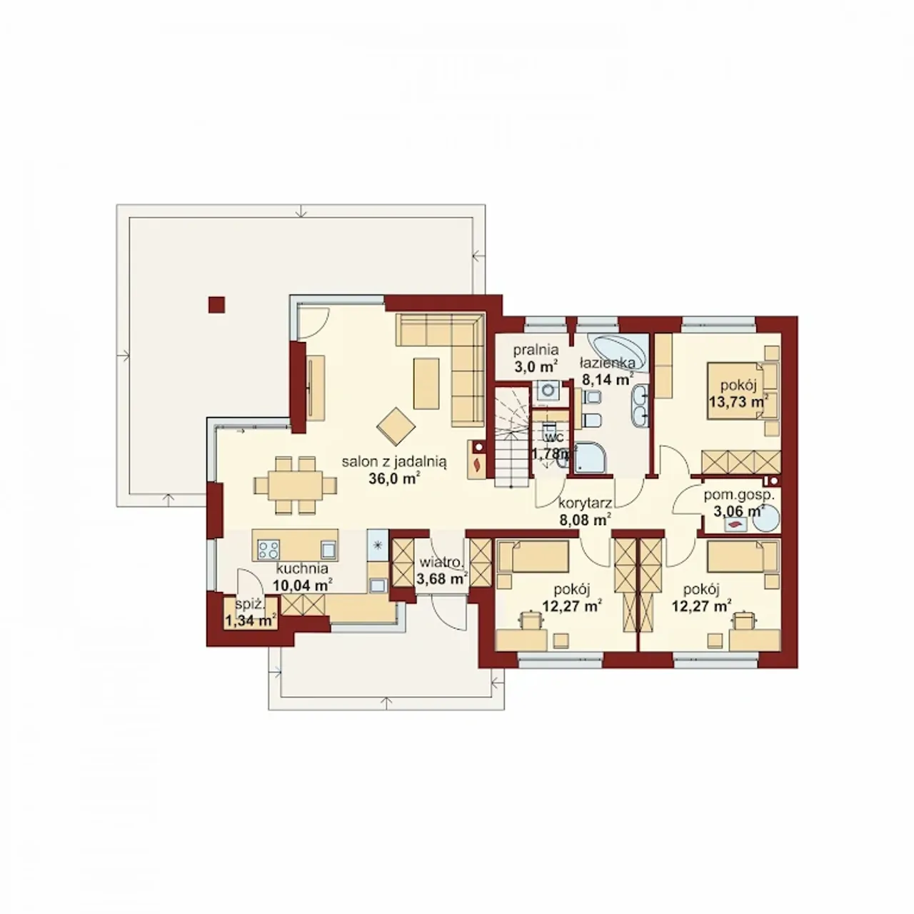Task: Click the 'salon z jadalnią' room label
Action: [395, 461]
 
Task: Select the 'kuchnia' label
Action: [302, 568]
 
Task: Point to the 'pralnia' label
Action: [536, 350]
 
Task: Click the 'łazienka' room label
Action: [608, 363]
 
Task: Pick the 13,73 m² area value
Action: [738, 402]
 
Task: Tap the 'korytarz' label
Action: [584, 502]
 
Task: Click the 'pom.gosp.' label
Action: [738, 496]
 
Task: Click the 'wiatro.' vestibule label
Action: [441, 563]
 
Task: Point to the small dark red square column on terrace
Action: [216, 304]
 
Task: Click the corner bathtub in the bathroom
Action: [617, 352]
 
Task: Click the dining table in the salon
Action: [295, 485]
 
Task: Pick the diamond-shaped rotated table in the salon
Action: [396, 426]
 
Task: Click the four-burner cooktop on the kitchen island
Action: [268, 550]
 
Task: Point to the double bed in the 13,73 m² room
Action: [737, 391]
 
